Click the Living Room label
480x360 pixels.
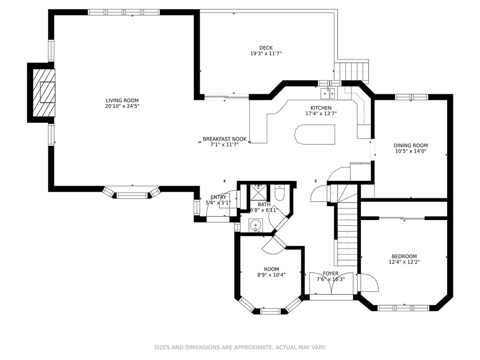[x=122, y=100]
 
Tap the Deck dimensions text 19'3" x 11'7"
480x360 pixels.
[x=266, y=53]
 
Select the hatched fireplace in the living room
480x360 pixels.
[x=44, y=93]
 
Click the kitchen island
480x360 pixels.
[x=315, y=135]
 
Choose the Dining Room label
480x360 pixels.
[x=411, y=145]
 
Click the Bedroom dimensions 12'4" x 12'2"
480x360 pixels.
[x=404, y=262]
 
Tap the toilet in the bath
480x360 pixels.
[x=280, y=192]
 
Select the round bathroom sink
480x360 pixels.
[x=255, y=226]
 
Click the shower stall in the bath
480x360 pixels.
[x=259, y=192]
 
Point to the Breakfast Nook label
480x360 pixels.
[x=225, y=139]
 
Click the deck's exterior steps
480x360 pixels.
[x=352, y=71]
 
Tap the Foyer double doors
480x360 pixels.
[x=331, y=284]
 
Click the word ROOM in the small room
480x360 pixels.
[x=271, y=270]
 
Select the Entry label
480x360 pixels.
[x=218, y=197]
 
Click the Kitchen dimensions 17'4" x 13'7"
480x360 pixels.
[x=321, y=113]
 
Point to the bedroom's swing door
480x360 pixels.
[x=368, y=283]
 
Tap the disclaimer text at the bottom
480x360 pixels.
[x=240, y=347]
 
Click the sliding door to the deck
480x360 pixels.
[x=226, y=97]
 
